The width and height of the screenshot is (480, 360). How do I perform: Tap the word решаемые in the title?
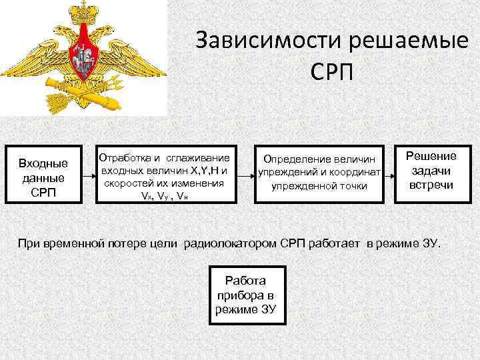coord(408,42)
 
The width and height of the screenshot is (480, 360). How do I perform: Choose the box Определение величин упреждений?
coord(319,173)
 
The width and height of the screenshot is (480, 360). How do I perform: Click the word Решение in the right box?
coord(431,157)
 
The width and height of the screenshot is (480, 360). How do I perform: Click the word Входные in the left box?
coord(43,163)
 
